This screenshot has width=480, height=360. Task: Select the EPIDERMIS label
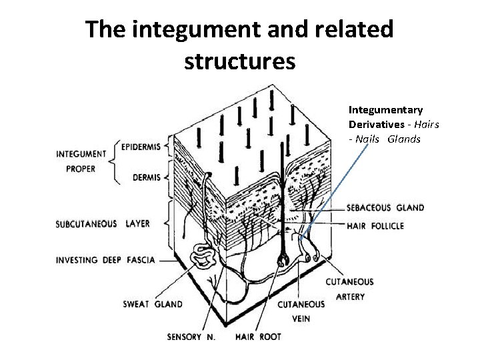[141, 147]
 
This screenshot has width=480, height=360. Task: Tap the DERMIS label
[147, 177]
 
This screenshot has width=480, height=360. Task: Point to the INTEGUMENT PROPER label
[81, 161]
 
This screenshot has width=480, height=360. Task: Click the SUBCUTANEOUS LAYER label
[103, 224]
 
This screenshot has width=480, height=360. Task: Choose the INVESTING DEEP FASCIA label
[105, 260]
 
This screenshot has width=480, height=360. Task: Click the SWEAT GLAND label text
[153, 304]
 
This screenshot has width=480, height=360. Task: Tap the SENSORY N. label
[191, 337]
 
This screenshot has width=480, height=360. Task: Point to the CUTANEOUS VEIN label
[301, 311]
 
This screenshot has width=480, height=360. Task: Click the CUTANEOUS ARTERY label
[349, 289]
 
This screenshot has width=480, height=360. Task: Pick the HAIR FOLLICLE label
[375, 226]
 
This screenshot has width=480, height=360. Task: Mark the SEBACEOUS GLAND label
[385, 207]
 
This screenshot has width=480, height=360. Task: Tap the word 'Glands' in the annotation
[404, 139]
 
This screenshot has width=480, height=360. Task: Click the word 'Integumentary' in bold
[385, 109]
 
